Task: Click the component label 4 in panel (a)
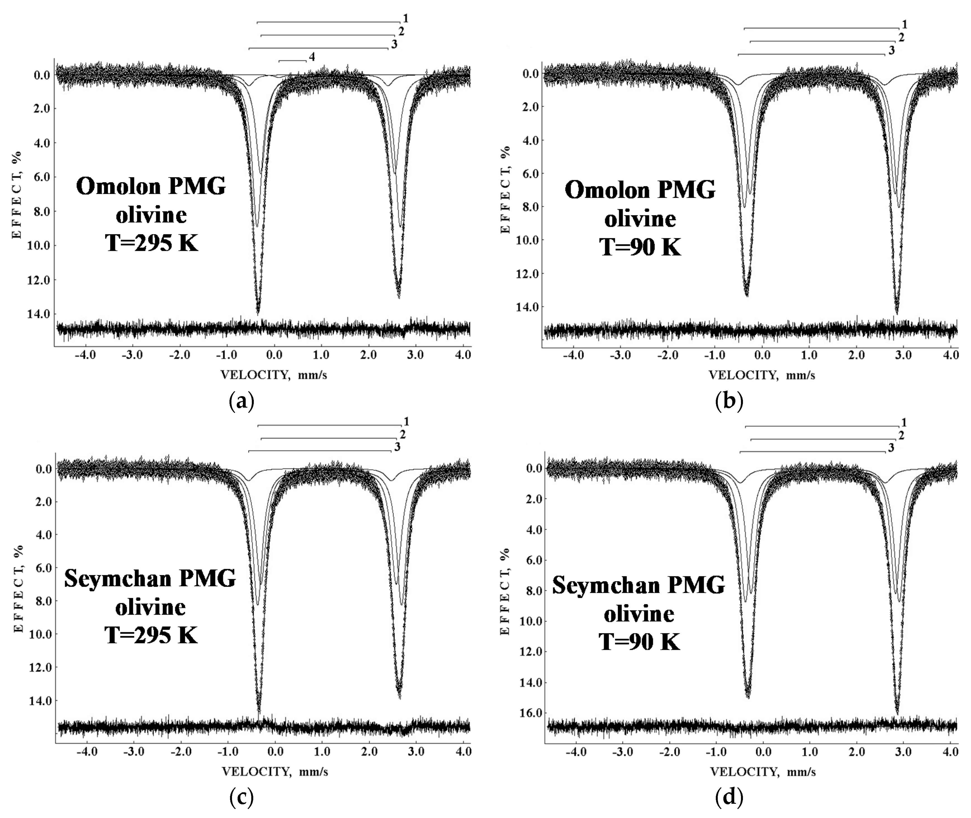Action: pos(312,57)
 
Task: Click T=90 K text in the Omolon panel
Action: pos(640,247)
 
